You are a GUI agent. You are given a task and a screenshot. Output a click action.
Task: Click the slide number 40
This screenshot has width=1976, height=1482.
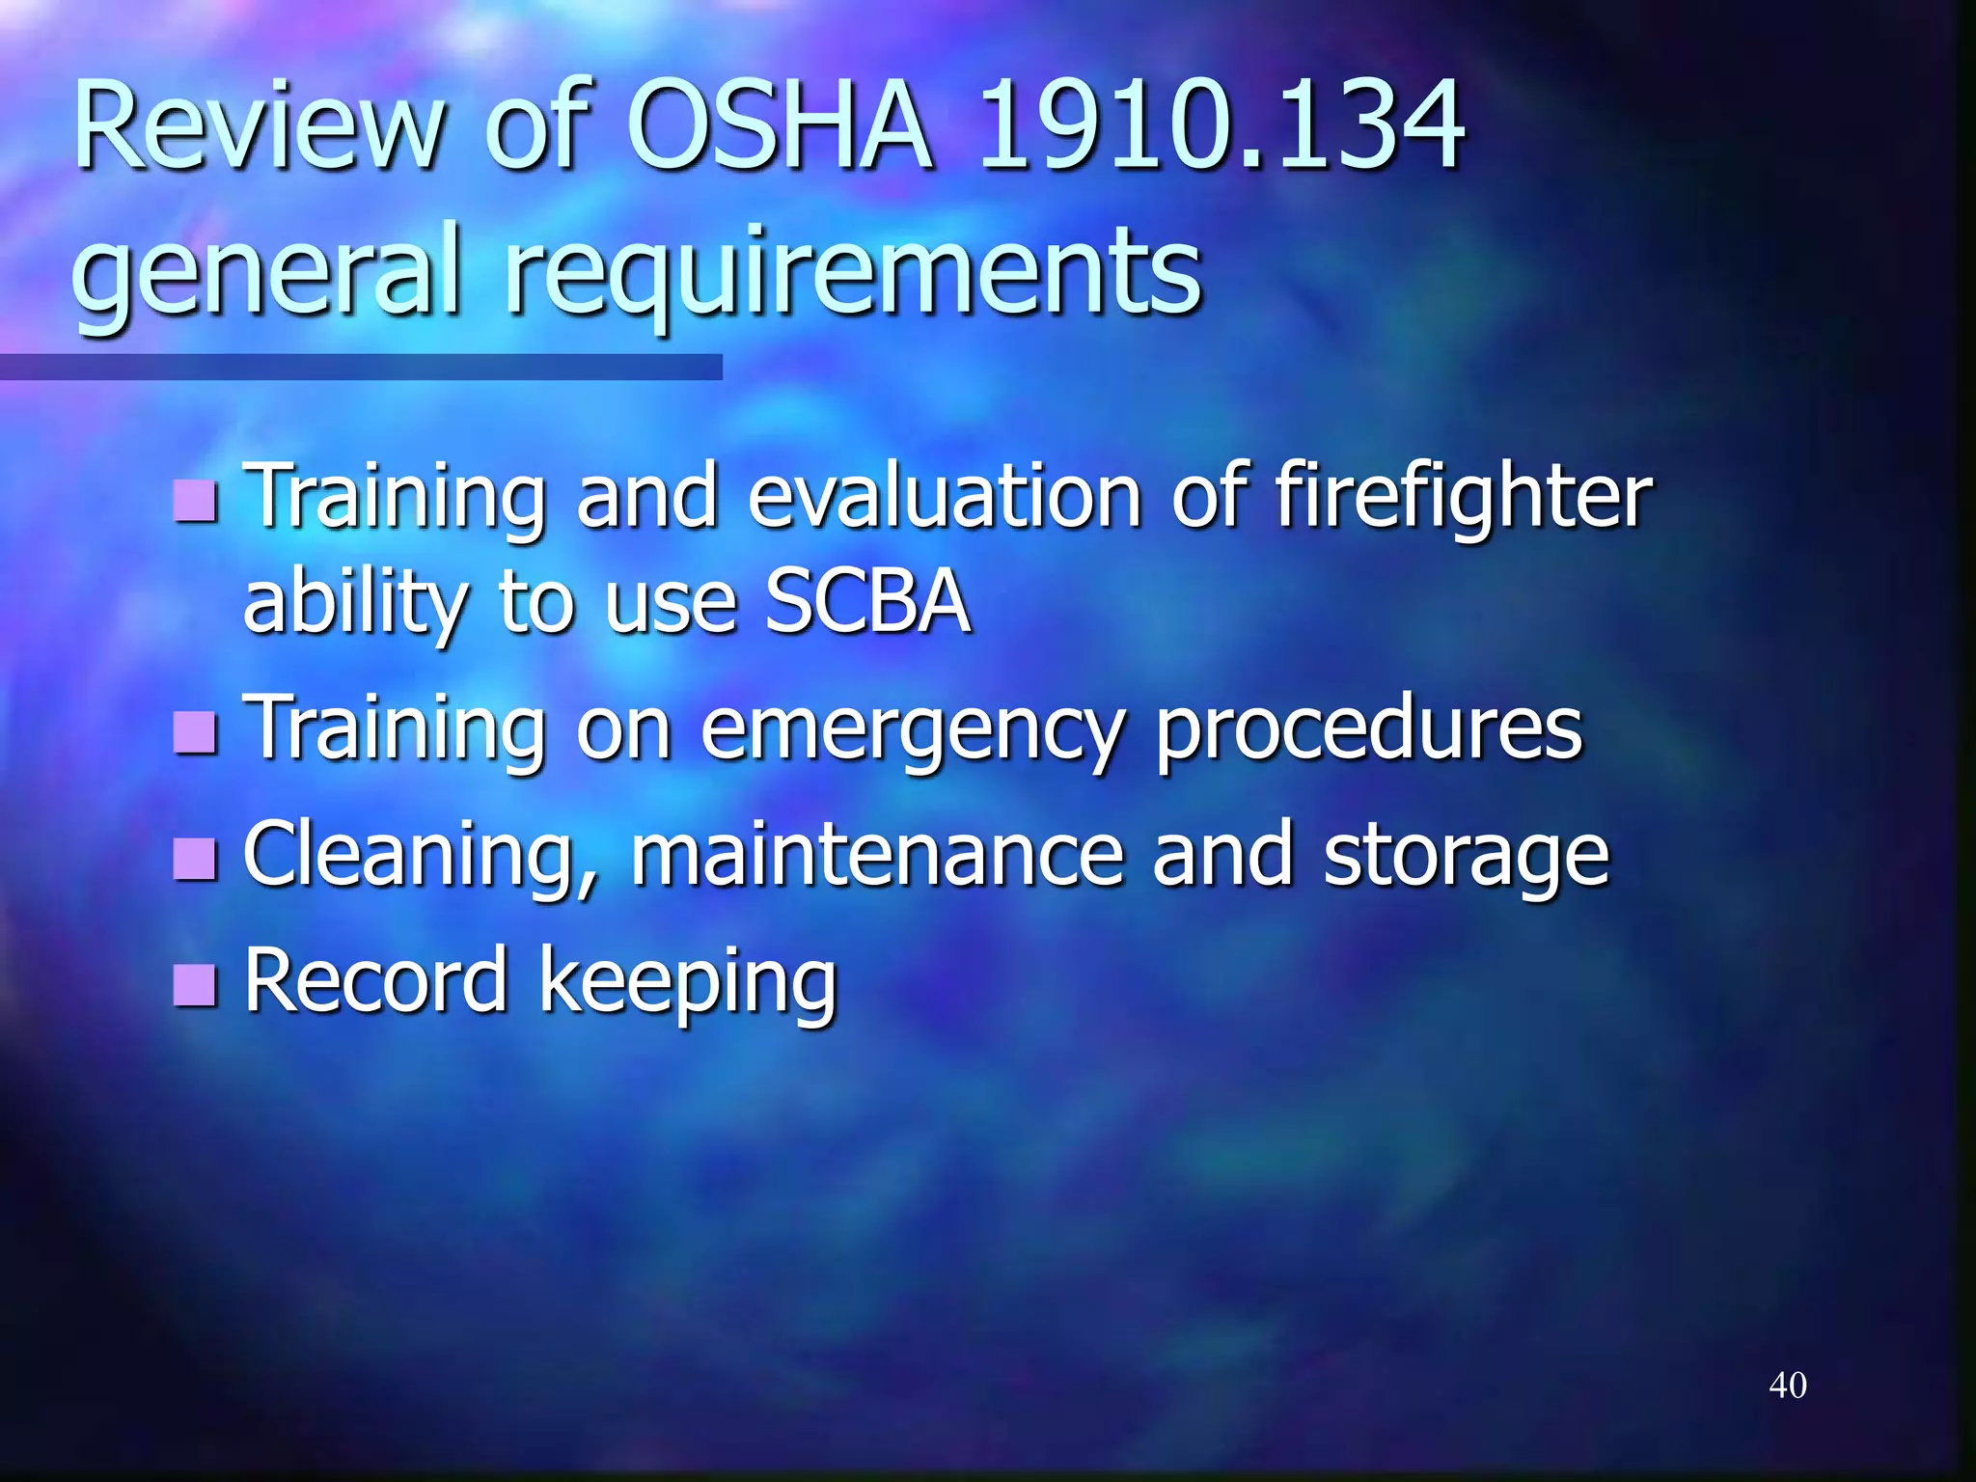tap(1787, 1386)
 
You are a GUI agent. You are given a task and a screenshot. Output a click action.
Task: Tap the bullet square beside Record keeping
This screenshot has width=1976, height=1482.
tap(196, 984)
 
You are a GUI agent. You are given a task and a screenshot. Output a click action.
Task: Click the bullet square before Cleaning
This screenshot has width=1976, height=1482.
tap(196, 858)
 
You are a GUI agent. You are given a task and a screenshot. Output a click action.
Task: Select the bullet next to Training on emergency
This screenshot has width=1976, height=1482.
tap(196, 732)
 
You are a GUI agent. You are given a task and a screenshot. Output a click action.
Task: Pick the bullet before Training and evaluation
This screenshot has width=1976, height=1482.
tap(196, 501)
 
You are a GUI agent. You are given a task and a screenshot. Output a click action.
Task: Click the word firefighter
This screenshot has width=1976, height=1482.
tap(1464, 497)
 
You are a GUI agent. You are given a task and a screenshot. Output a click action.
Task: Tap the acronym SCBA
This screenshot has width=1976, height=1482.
tap(867, 602)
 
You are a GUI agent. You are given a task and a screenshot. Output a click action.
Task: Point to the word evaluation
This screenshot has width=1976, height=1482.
tap(945, 497)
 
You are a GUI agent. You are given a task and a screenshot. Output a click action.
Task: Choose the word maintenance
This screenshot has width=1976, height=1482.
tap(877, 854)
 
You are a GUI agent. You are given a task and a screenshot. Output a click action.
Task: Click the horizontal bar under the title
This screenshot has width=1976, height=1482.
tap(361, 368)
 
